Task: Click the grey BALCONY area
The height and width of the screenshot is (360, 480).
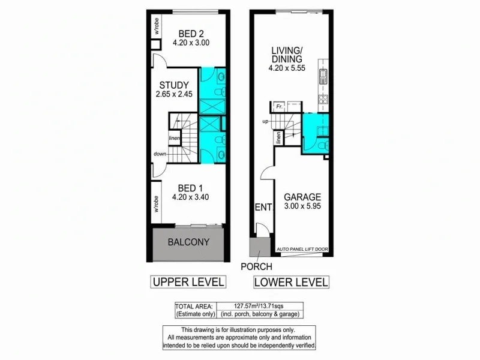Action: point(187,242)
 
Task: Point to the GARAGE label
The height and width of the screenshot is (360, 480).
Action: point(303,197)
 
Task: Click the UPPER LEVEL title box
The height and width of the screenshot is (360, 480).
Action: point(187,281)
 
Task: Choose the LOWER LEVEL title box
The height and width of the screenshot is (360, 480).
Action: point(291,281)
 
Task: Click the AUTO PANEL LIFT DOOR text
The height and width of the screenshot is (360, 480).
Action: point(302,249)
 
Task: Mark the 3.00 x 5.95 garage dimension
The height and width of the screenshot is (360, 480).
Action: point(303,207)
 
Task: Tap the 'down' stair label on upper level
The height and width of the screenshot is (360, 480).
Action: point(160,154)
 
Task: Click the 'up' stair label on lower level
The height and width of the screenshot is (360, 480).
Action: point(265,122)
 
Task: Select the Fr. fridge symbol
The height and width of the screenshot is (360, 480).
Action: point(280,107)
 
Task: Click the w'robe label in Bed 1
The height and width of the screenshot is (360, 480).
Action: point(155,205)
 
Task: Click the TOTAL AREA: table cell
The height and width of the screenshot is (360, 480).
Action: point(195,305)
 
